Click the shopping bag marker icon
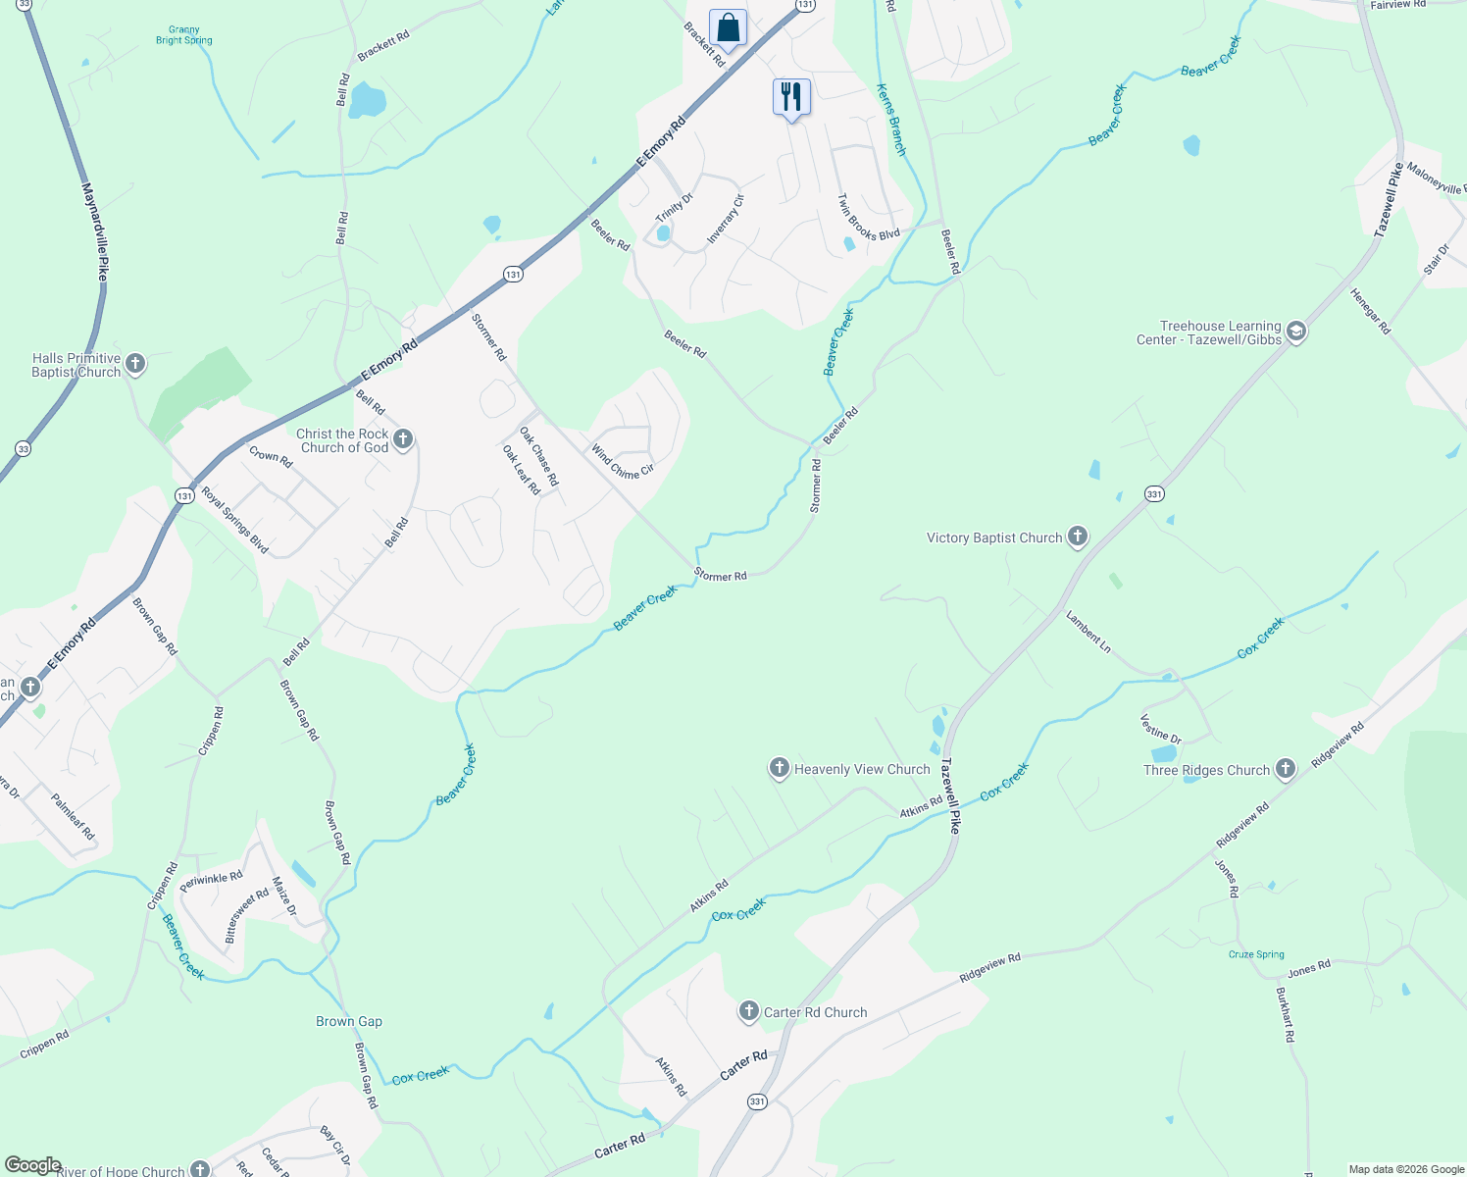(728, 27)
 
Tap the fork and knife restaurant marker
(791, 97)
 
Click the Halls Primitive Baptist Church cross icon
(135, 364)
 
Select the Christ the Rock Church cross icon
(403, 439)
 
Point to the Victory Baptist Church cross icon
(1078, 537)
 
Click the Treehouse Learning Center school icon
(1296, 332)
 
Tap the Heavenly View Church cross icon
(780, 768)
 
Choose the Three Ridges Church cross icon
(1286, 769)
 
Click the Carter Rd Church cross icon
(749, 1011)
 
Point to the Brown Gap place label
(349, 1021)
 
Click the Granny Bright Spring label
(183, 35)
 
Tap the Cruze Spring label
(1256, 954)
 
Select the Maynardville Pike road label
(95, 231)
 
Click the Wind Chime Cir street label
(622, 462)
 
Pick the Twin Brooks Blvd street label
(868, 218)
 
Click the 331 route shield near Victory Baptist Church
(1154, 493)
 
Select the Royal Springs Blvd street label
(235, 521)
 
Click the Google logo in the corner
(32, 1165)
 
